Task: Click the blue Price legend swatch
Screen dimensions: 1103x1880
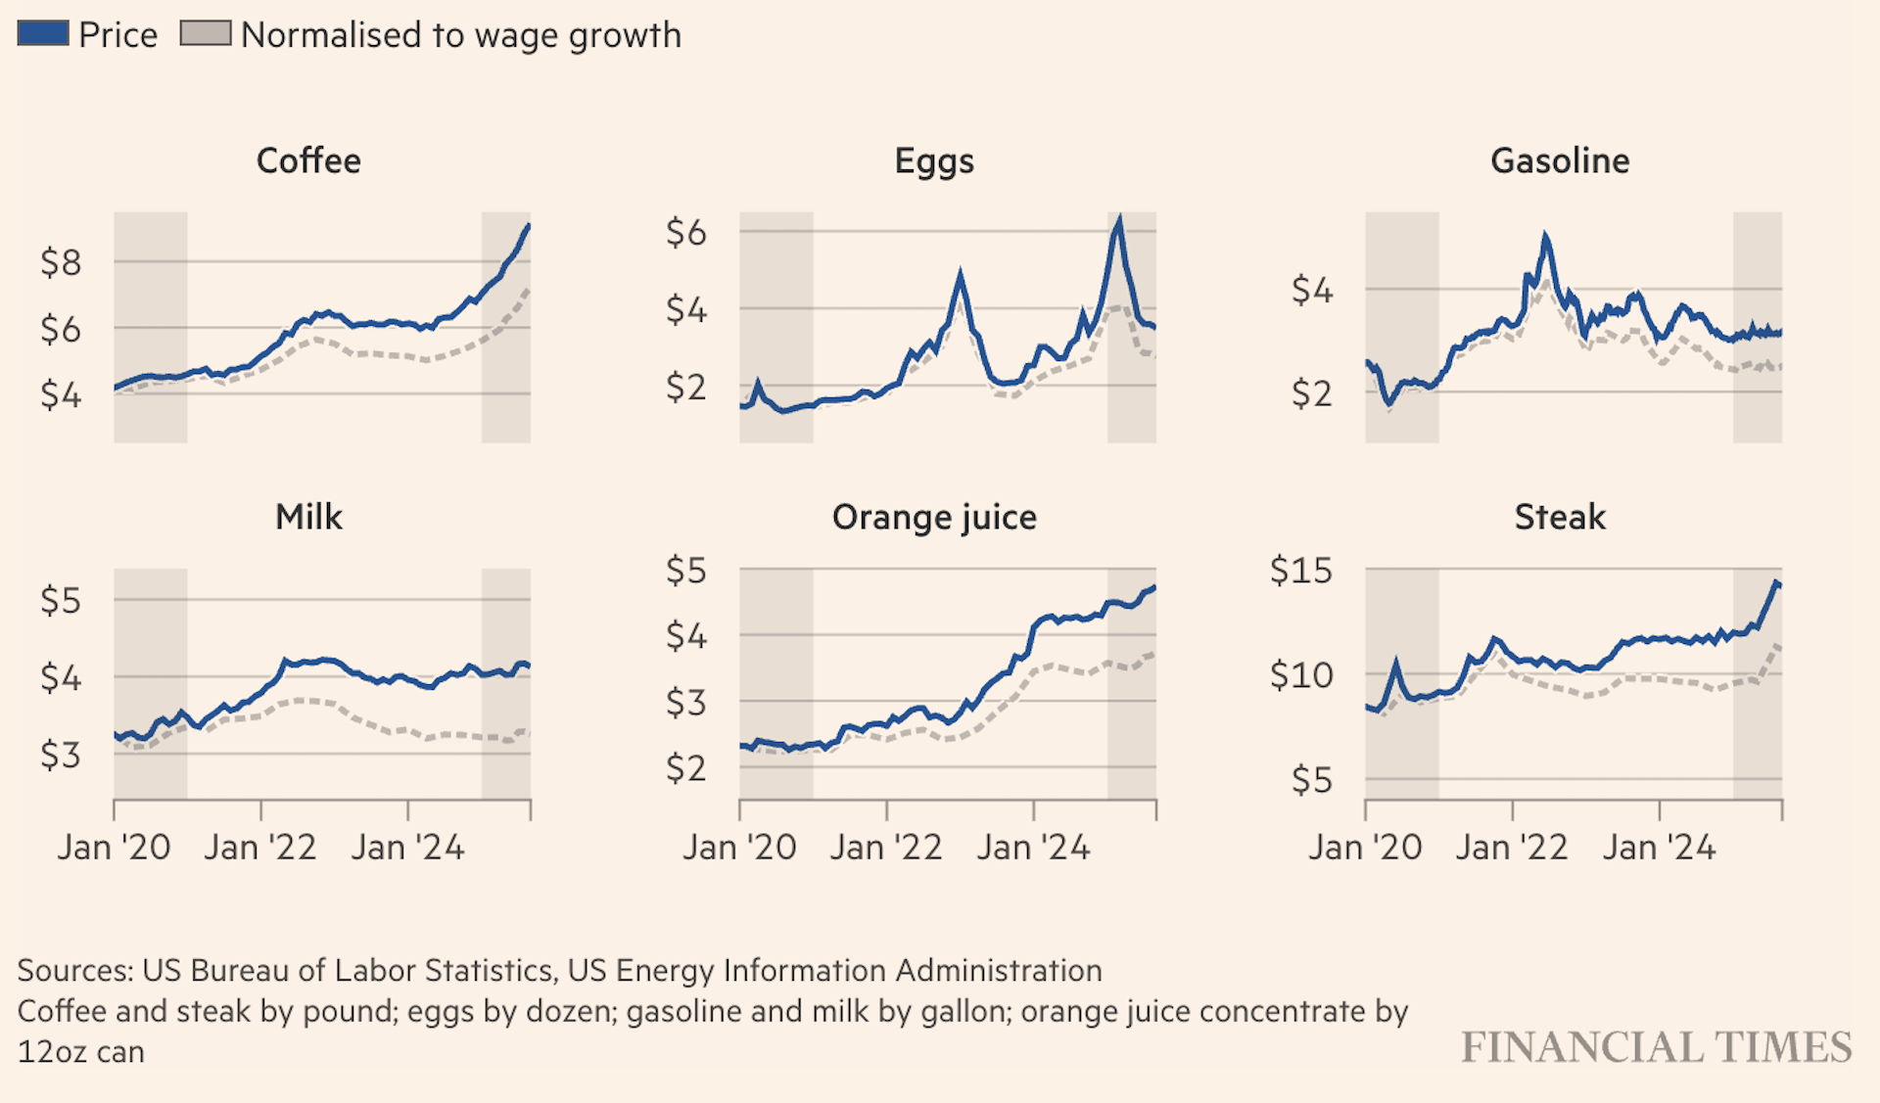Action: point(43,33)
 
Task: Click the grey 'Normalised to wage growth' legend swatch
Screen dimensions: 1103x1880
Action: point(206,33)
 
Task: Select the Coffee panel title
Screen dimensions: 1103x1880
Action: point(308,161)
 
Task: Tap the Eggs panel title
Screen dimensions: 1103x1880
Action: point(934,161)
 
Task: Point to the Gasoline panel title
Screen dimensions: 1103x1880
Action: point(1560,161)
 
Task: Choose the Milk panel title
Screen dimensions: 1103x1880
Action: point(308,517)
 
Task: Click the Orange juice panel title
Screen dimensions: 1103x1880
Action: point(934,517)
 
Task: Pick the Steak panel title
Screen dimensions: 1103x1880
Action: point(1560,517)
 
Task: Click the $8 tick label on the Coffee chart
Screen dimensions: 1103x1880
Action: point(61,262)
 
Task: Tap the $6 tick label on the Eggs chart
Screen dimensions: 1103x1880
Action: point(685,233)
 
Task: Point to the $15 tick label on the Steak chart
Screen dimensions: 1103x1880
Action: point(1300,570)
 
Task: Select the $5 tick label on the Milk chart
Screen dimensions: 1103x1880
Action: point(61,600)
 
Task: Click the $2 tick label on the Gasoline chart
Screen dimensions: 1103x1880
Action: point(1312,393)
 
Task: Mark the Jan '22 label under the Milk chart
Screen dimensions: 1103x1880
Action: point(260,848)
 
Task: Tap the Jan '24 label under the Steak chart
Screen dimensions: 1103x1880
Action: point(1659,848)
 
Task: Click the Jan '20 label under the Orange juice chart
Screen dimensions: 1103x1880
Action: point(739,848)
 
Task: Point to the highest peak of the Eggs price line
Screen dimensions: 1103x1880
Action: point(1119,219)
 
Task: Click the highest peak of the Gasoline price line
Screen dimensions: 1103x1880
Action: point(1545,236)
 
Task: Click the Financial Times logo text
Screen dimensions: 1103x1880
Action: point(1656,1047)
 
